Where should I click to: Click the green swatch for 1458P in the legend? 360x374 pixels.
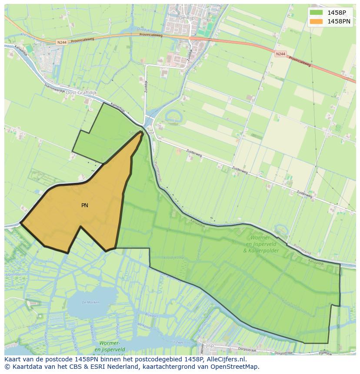(x=317, y=13)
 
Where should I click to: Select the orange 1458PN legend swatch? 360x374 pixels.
(x=317, y=21)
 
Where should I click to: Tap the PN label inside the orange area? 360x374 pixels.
(x=85, y=205)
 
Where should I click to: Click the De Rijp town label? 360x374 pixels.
(x=186, y=18)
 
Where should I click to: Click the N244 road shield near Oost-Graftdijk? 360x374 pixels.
(x=62, y=42)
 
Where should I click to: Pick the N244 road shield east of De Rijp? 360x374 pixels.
(x=280, y=53)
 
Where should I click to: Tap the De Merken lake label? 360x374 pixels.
(x=91, y=302)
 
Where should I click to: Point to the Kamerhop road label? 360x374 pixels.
(x=117, y=108)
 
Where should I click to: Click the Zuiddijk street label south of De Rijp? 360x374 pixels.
(x=190, y=54)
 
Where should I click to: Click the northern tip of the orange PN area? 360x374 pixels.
(x=142, y=133)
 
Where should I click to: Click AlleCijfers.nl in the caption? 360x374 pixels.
(x=226, y=360)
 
